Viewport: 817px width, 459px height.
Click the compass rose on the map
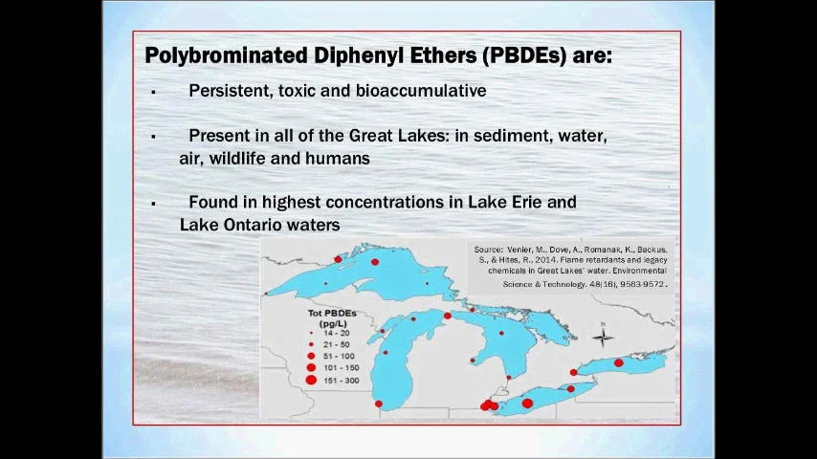point(603,336)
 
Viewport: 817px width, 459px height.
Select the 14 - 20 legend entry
point(336,333)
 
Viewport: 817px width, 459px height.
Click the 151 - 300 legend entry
point(341,380)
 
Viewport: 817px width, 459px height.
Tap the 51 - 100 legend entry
point(339,356)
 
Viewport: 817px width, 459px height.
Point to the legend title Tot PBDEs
point(332,313)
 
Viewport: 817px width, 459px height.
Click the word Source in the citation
point(488,250)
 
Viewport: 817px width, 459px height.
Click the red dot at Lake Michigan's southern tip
point(379,404)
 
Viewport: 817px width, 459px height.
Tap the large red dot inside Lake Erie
point(527,404)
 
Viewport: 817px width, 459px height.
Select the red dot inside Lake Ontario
point(619,363)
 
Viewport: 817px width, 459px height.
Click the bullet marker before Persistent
point(153,92)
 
